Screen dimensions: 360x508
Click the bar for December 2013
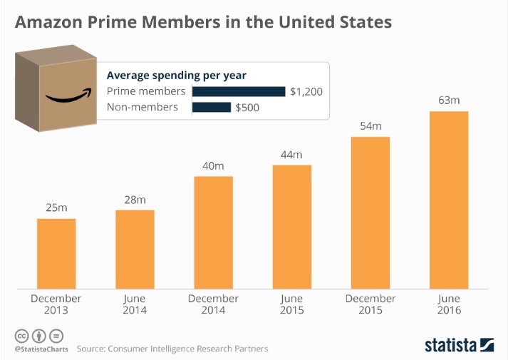56,253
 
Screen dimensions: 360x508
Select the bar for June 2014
135,249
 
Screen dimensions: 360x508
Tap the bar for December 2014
213,232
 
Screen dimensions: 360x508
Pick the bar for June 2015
292,227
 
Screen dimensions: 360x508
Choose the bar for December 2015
370,212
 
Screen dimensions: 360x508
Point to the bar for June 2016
449,200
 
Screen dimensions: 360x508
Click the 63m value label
449,101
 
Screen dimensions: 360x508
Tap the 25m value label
56,207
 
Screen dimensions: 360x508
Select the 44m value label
292,155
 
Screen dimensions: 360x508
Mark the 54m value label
370,126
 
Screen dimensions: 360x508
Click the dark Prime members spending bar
238,91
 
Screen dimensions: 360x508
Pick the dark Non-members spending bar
212,108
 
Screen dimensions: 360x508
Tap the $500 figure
247,108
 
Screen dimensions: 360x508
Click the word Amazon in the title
53,22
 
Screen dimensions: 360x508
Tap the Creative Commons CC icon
21,335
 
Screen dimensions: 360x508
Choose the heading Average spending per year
176,74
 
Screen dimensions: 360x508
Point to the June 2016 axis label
449,304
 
